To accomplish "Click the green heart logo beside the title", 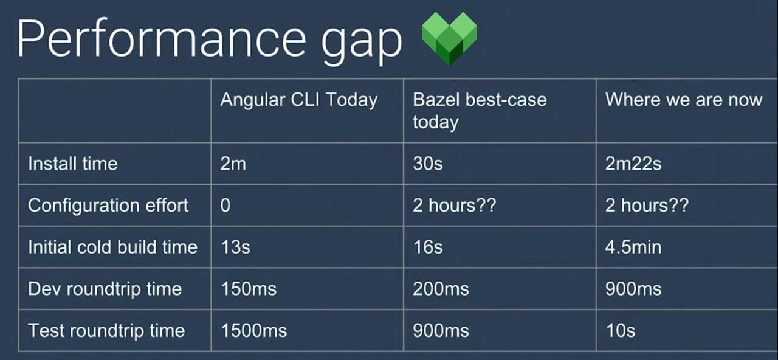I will (449, 38).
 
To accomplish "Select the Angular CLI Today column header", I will (298, 100).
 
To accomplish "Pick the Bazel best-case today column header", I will (480, 111).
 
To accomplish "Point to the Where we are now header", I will (684, 100).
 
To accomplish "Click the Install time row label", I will (73, 164).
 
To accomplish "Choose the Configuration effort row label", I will (108, 206).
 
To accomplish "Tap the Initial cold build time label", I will (112, 247).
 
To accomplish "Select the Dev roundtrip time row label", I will (105, 288).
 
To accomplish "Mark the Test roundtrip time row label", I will (106, 330).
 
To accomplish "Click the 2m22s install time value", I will (633, 164).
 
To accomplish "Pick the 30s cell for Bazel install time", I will (428, 164).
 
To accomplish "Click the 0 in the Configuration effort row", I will (225, 206).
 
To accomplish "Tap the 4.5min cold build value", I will (633, 247).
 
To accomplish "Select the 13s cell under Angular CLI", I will (235, 247).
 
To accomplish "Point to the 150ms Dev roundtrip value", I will (248, 288).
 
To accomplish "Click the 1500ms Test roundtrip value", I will (253, 330).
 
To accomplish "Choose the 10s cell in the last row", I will (620, 330).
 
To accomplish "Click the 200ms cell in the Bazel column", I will (441, 288).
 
